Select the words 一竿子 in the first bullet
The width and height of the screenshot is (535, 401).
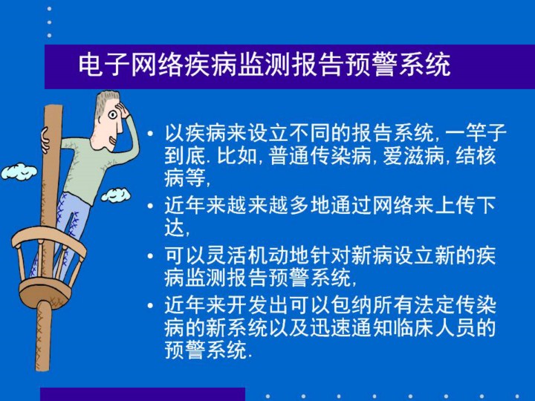(x=476, y=133)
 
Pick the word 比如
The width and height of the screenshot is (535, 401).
(x=236, y=156)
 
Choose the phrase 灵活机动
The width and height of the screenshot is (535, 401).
(x=247, y=255)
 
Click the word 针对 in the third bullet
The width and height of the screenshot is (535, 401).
(x=329, y=255)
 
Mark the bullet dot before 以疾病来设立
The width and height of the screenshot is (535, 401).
(x=150, y=133)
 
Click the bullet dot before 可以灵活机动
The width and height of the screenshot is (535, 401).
(x=150, y=255)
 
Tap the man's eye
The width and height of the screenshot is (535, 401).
(x=113, y=114)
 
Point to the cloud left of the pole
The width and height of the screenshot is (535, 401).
(x=19, y=172)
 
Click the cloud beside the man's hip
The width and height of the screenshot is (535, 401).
(x=116, y=195)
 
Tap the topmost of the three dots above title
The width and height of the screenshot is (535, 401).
(x=50, y=9)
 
